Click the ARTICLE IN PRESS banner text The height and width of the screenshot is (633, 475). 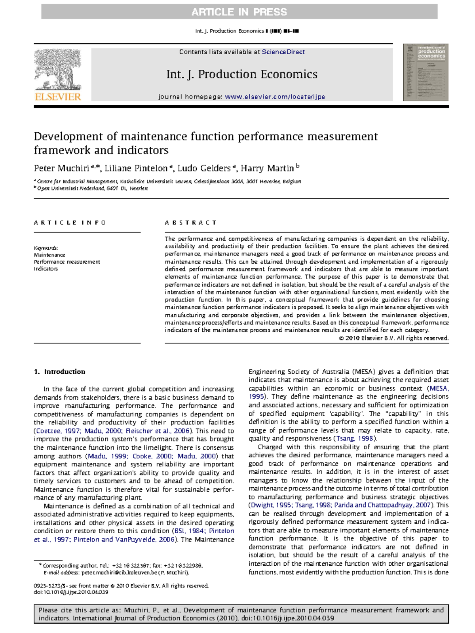pyautogui.click(x=239, y=12)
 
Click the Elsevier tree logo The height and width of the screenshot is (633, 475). pyautogui.click(x=58, y=70)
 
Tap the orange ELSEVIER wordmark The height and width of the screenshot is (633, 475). pyautogui.click(x=58, y=97)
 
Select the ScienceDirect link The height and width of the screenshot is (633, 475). pyautogui.click(x=283, y=52)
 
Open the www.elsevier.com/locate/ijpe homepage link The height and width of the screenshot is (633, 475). pyautogui.click(x=275, y=97)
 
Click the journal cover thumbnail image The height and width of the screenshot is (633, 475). pyautogui.click(x=426, y=72)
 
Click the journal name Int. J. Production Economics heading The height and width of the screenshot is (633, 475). pyautogui.click(x=241, y=74)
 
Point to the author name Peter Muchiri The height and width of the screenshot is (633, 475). pyautogui.click(x=61, y=168)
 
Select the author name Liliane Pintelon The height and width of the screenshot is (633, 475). pyautogui.click(x=136, y=168)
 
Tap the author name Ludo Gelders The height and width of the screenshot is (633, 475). pyautogui.click(x=204, y=168)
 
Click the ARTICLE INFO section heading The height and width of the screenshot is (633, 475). pyautogui.click(x=70, y=223)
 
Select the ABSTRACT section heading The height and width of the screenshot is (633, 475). pyautogui.click(x=191, y=223)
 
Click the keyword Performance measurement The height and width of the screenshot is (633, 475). pyautogui.click(x=67, y=262)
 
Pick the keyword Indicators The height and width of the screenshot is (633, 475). pyautogui.click(x=46, y=269)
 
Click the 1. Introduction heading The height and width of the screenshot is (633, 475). pyautogui.click(x=60, y=372)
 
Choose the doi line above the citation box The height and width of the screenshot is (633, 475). pyautogui.click(x=71, y=592)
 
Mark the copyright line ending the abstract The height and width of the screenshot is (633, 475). pyautogui.click(x=394, y=338)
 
